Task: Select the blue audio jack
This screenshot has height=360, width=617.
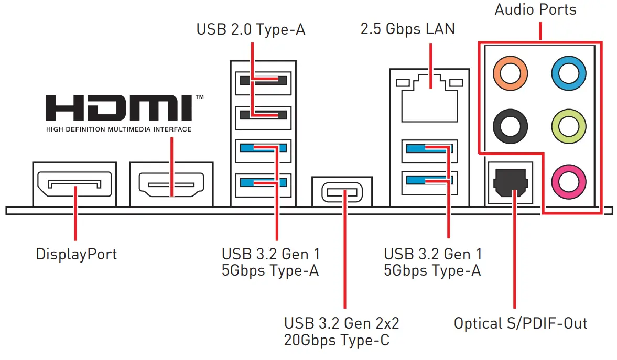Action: [x=568, y=73]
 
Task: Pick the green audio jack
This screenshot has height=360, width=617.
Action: [x=568, y=126]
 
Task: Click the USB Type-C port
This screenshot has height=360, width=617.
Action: [x=342, y=192]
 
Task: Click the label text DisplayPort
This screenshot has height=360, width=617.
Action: [x=76, y=254]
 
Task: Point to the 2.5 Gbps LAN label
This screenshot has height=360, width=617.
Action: [x=407, y=29]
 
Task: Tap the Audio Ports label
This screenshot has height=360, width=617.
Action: [x=535, y=9]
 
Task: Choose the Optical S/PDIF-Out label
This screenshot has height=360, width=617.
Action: [x=521, y=323]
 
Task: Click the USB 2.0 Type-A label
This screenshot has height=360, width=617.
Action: [x=251, y=29]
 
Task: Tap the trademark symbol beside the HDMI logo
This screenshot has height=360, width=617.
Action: [x=200, y=97]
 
